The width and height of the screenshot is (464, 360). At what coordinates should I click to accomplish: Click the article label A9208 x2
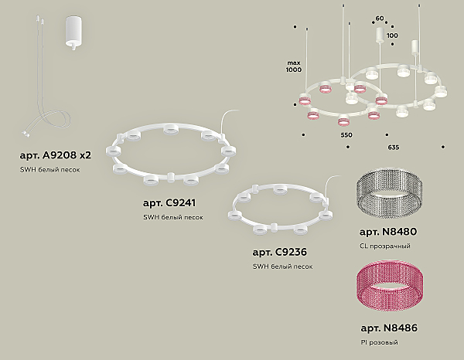(56, 155)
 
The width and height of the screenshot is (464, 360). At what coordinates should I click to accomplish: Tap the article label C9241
(169, 203)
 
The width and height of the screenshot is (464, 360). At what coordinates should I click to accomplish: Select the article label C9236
(280, 252)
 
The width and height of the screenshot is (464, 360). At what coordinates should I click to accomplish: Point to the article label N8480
(388, 232)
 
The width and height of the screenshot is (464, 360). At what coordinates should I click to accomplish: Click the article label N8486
(389, 328)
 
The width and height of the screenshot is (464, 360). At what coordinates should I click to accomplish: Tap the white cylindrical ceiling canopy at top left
(73, 32)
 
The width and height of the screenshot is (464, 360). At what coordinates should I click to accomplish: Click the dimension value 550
(346, 135)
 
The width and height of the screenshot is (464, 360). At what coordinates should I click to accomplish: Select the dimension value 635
(394, 148)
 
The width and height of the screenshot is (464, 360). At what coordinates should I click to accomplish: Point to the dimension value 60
(380, 19)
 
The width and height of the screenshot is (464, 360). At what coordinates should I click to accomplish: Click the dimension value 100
(392, 36)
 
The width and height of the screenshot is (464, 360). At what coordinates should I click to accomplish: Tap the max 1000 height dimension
(294, 66)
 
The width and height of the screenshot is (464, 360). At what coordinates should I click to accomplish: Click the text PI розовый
(380, 342)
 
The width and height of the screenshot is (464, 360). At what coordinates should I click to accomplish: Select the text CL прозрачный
(385, 246)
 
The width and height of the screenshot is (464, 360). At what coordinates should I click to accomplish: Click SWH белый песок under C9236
(282, 267)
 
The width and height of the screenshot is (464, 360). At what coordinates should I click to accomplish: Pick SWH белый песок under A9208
(50, 170)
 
